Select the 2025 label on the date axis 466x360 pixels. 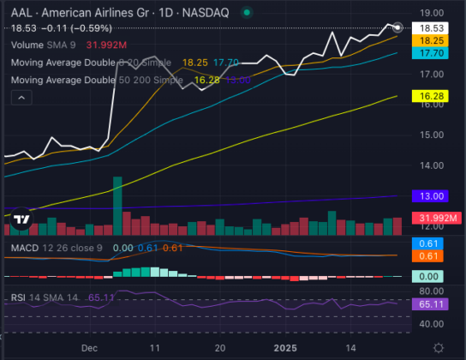284,349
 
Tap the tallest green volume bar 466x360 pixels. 117,204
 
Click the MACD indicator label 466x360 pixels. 23,248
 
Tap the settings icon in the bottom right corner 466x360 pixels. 439,348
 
